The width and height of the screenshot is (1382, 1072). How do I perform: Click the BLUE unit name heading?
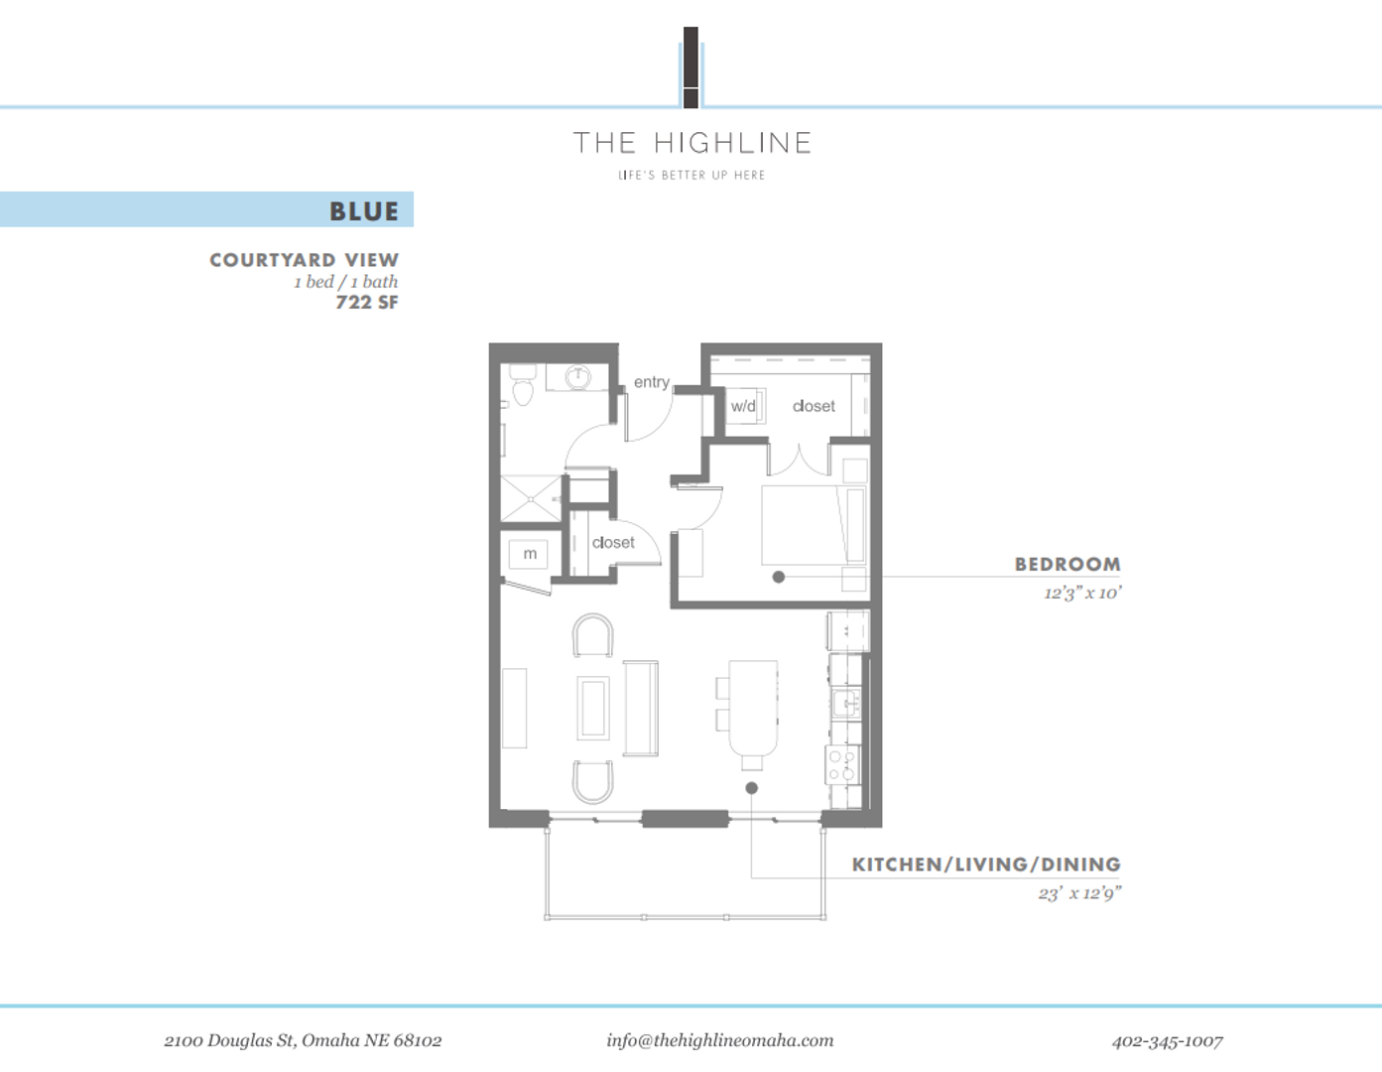click(x=363, y=211)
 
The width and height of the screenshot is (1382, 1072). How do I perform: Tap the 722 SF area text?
click(x=366, y=303)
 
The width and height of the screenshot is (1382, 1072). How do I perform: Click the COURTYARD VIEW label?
click(x=304, y=260)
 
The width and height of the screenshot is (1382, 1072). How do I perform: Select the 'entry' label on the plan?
click(x=651, y=382)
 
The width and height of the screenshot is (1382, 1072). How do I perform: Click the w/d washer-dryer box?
click(x=744, y=406)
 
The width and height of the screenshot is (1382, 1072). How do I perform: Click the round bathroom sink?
click(x=578, y=377)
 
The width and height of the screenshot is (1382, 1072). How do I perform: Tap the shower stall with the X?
click(x=531, y=498)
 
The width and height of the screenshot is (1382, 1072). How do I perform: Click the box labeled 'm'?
click(x=529, y=554)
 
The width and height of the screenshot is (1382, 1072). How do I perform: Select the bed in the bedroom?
click(x=813, y=525)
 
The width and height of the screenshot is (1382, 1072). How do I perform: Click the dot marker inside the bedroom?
click(x=779, y=577)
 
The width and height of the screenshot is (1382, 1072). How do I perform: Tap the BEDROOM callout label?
click(x=1067, y=564)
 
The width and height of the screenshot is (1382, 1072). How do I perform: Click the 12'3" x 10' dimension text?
click(x=1081, y=594)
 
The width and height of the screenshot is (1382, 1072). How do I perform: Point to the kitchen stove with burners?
click(x=842, y=765)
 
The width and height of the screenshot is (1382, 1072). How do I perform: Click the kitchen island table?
click(x=753, y=708)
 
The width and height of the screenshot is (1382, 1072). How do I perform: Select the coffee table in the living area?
click(x=592, y=708)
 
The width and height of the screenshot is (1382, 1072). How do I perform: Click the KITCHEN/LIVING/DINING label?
click(x=985, y=865)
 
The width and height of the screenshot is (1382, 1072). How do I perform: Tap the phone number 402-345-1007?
click(x=1167, y=1040)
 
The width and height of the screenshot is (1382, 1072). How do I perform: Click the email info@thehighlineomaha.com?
click(x=719, y=1040)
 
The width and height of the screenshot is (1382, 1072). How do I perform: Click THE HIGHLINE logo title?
click(x=691, y=143)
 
